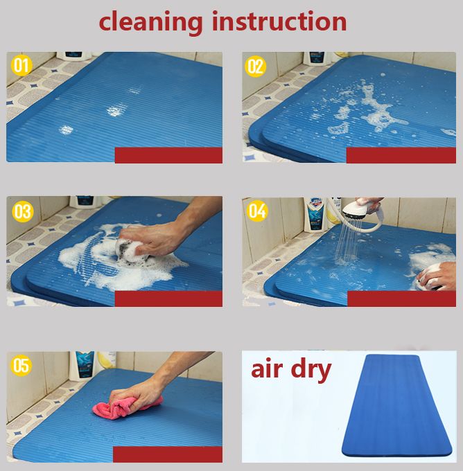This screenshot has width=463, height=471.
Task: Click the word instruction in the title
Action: (x=279, y=21)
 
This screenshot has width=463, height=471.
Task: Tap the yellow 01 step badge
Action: (x=21, y=66)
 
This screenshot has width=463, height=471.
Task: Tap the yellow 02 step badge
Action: (x=255, y=66)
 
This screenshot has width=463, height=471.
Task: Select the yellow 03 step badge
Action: (x=23, y=211)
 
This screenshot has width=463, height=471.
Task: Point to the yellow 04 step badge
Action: (x=257, y=211)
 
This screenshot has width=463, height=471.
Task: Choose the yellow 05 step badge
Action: (x=21, y=366)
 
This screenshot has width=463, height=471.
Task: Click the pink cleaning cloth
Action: (x=126, y=407)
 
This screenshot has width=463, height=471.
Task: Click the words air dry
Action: (x=291, y=370)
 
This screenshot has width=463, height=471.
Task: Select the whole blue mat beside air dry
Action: (x=397, y=405)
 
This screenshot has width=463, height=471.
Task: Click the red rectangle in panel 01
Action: (x=168, y=155)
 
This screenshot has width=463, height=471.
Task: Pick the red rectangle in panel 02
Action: (x=401, y=155)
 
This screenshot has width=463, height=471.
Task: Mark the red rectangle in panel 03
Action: (x=168, y=299)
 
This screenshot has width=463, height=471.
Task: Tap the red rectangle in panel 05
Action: (x=168, y=454)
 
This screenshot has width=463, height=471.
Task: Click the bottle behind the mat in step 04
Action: (x=315, y=215)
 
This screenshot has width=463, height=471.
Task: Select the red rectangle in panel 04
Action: (x=402, y=299)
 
